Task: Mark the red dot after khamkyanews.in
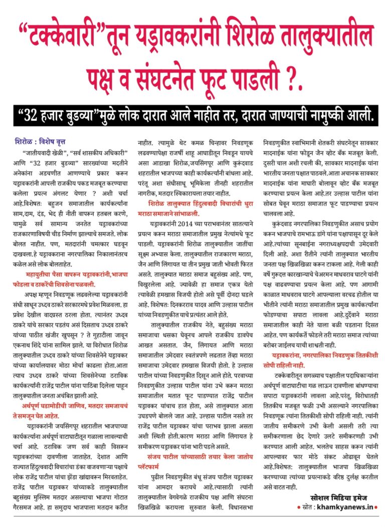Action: pos(376,507)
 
